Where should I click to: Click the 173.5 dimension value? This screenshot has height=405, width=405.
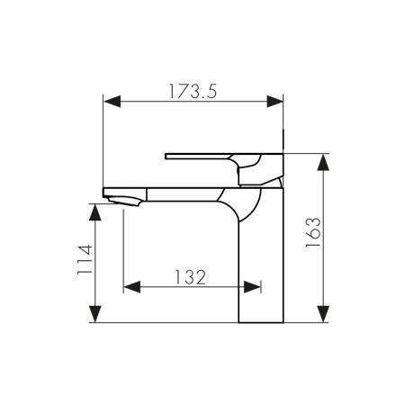(x=194, y=90)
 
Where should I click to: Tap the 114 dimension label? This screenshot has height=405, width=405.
(x=84, y=261)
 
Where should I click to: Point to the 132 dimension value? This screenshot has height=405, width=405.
(x=191, y=277)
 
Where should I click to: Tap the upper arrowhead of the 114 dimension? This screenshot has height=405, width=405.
(x=93, y=208)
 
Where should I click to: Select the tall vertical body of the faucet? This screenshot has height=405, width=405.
(x=261, y=270)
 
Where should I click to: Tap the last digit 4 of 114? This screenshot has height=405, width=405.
(x=84, y=247)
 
